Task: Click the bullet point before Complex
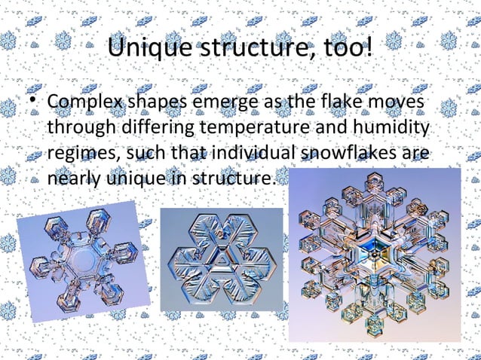coord(33,101)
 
